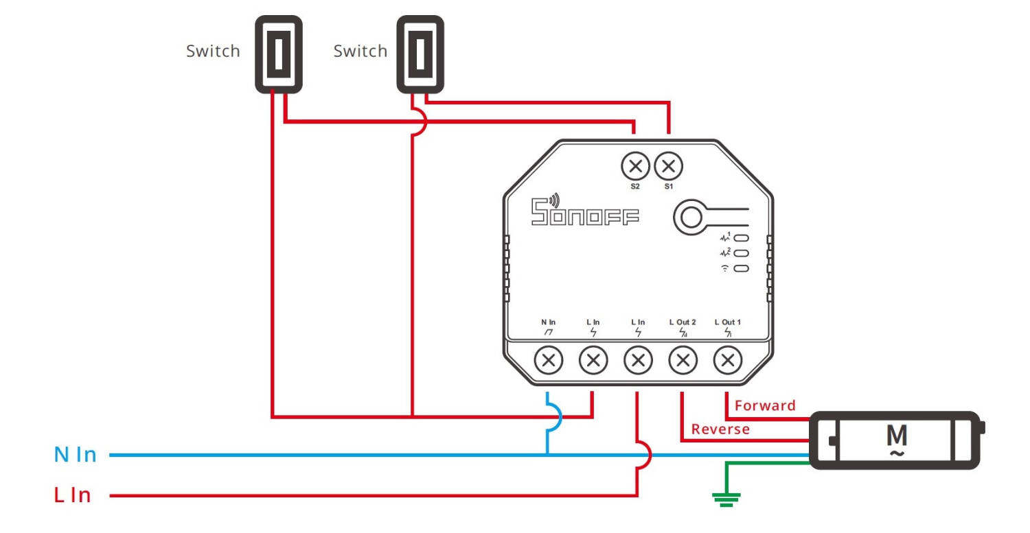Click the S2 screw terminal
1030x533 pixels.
tap(635, 165)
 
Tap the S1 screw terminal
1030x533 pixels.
tap(668, 165)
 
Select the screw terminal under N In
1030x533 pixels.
tap(549, 359)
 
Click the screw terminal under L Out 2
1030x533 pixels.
tap(683, 359)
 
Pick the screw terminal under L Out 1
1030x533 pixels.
tap(728, 359)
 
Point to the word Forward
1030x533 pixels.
tap(765, 405)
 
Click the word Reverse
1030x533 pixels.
tap(720, 429)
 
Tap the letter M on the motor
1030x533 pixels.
tap(897, 435)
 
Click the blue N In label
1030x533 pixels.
tap(75, 454)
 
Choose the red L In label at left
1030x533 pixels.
tap(72, 495)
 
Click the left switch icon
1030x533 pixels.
tap(279, 54)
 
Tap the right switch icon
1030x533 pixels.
tap(420, 54)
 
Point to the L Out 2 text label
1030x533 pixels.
tap(683, 322)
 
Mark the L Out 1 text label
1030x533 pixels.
tap(728, 322)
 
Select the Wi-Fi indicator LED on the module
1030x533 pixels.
tap(742, 268)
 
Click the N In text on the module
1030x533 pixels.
tap(548, 322)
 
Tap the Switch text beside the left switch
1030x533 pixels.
tap(213, 51)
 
